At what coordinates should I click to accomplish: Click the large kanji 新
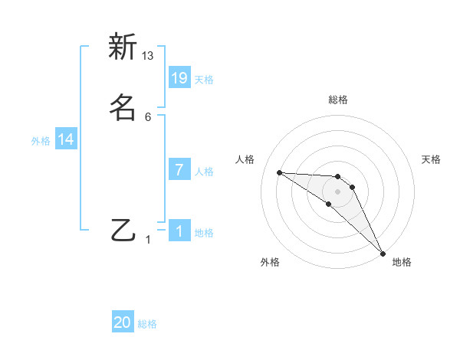(123, 47)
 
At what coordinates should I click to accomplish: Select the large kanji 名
(123, 106)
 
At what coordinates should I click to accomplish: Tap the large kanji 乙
(123, 229)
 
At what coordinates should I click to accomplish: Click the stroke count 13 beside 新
(148, 55)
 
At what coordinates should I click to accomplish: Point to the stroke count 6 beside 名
(148, 116)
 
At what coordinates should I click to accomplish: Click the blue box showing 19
(179, 77)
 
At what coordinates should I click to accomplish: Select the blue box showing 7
(179, 170)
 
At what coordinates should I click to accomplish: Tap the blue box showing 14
(66, 139)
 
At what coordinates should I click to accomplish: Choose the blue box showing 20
(123, 322)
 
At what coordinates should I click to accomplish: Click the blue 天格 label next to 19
(203, 79)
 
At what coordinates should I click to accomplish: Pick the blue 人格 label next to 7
(203, 172)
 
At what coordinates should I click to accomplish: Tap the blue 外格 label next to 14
(41, 141)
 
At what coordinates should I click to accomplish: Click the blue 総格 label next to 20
(147, 324)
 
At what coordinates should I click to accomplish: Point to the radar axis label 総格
(337, 100)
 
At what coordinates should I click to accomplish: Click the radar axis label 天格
(432, 159)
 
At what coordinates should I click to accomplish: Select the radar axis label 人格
(245, 159)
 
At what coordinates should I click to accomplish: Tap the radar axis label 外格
(270, 262)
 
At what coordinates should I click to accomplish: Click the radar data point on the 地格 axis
(383, 254)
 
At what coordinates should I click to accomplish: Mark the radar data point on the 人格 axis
(279, 172)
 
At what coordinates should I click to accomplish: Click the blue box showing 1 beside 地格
(179, 231)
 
